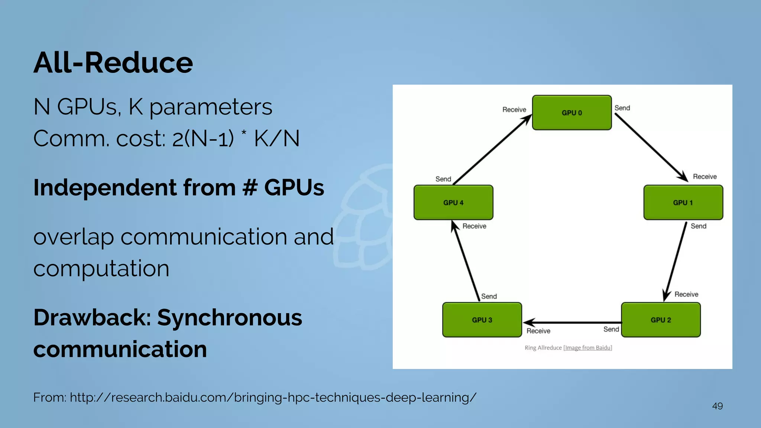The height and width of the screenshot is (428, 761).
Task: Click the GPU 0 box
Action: [x=571, y=113]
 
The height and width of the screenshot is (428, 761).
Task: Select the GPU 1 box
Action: [x=683, y=202]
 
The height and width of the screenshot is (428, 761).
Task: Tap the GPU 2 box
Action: [x=661, y=320]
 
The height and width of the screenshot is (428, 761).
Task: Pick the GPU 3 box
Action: [x=482, y=320]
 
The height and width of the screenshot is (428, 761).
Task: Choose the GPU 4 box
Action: [x=453, y=202]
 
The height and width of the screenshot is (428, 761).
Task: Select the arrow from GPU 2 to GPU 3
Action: [x=572, y=322]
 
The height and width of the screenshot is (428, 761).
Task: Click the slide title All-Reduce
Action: [x=113, y=62]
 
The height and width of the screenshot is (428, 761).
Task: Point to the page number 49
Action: [x=717, y=406]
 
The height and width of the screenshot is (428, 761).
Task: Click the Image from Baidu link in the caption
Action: [x=588, y=348]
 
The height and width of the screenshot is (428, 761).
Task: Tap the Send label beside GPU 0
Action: [x=622, y=108]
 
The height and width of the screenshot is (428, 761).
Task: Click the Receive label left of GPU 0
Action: [x=514, y=110]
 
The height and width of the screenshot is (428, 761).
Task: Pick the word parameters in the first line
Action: [x=211, y=107]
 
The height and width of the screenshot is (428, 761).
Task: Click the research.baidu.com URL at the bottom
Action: [x=273, y=398]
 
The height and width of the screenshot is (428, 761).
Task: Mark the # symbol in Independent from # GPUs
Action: [x=250, y=187]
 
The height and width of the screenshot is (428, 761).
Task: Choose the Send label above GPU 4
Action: [x=443, y=179]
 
